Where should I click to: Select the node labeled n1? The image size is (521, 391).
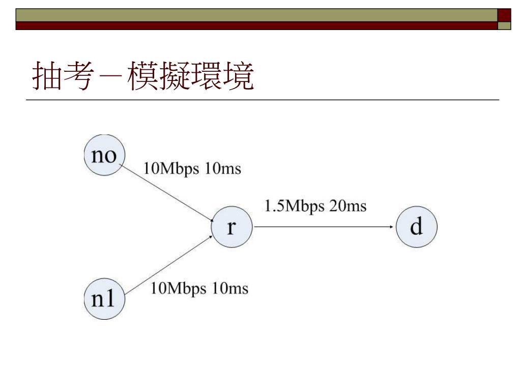click(x=104, y=299)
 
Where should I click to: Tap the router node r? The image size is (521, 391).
click(x=231, y=227)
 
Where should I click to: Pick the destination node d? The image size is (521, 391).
click(x=416, y=227)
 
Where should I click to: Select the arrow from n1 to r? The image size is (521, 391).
click(x=168, y=265)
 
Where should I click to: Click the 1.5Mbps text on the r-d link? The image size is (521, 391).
click(x=293, y=206)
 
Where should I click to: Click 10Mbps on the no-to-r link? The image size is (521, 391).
click(x=171, y=169)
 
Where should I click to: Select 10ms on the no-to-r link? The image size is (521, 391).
click(x=222, y=169)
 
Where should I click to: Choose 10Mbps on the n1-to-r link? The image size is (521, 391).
click(x=179, y=289)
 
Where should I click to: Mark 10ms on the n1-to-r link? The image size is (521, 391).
click(x=230, y=289)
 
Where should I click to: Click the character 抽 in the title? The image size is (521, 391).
click(x=44, y=76)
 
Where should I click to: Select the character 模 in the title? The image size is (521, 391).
click(x=143, y=76)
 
